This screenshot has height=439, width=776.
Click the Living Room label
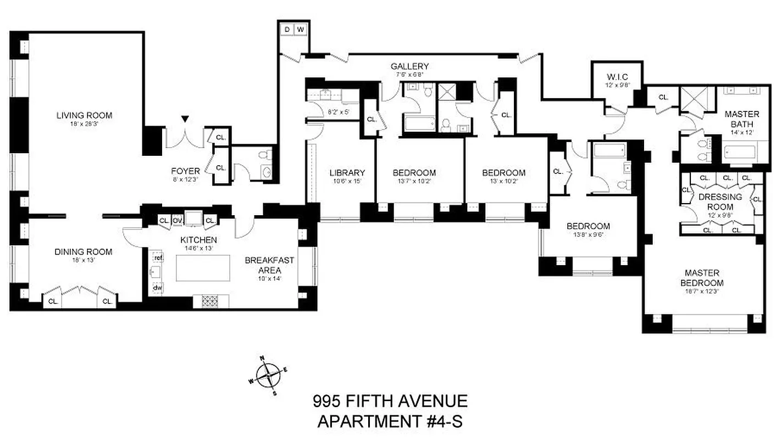[84, 115]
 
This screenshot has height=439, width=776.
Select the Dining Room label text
[83, 252]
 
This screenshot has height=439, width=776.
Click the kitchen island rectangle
[202, 268]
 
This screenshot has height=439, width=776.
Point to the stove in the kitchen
[210, 301]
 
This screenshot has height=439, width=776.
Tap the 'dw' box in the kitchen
[158, 287]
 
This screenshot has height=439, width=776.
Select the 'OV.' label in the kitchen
[178, 221]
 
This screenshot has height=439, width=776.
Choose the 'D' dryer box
[287, 29]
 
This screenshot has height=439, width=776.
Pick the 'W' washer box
[301, 29]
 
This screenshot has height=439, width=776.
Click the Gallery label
[409, 66]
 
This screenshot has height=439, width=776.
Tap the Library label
[347, 172]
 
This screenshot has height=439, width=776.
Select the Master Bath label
[741, 119]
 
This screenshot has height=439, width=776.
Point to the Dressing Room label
[719, 201]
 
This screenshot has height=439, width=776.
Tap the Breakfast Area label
[269, 265]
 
